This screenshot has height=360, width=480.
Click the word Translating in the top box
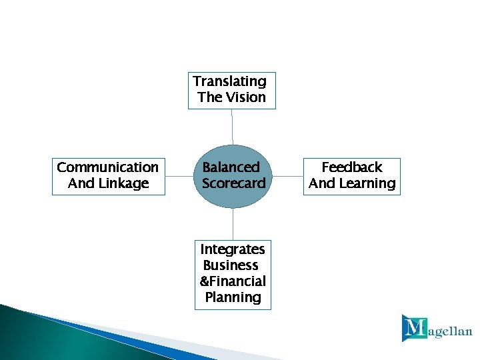pos(229,81)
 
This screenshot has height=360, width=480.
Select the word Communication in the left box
pos(108,167)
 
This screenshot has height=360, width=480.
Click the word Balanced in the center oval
pos(231,167)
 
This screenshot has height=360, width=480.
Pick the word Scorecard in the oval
pos(233,183)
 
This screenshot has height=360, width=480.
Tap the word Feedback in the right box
pos(352,167)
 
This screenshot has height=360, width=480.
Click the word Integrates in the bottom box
pos(233,249)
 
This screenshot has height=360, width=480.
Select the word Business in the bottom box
pos(231,265)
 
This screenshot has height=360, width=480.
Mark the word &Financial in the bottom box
pos(233,281)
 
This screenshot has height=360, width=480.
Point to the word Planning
pos(233,297)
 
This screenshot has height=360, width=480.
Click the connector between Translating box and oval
pos(232,127)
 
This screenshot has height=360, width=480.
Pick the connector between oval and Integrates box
pos(233,223)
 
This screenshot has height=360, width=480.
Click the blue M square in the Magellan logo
pos(414,327)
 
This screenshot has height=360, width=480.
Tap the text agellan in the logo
pos(450,332)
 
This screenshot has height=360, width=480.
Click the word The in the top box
pos(210,97)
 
